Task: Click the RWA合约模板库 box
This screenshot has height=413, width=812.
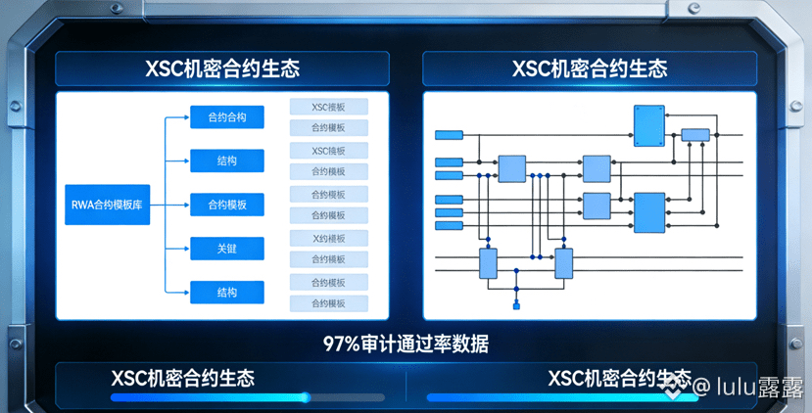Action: click(107, 205)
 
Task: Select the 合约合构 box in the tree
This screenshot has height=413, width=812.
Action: click(226, 117)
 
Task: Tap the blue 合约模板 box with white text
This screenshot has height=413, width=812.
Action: click(226, 205)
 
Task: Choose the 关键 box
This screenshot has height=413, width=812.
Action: click(226, 249)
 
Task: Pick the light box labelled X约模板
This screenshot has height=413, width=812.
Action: click(328, 238)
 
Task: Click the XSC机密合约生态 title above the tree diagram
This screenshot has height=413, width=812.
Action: click(222, 69)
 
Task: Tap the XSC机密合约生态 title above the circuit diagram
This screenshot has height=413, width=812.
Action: click(590, 69)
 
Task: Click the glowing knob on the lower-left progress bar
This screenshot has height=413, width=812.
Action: click(305, 397)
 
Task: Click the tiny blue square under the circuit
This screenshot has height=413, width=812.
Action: click(516, 306)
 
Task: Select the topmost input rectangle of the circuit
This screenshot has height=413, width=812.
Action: click(448, 134)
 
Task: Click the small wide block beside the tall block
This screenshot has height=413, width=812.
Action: click(694, 134)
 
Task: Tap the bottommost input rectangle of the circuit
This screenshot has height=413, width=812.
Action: click(448, 225)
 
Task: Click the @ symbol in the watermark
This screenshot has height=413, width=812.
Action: click(700, 388)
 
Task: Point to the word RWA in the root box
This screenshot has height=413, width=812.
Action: click(83, 205)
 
